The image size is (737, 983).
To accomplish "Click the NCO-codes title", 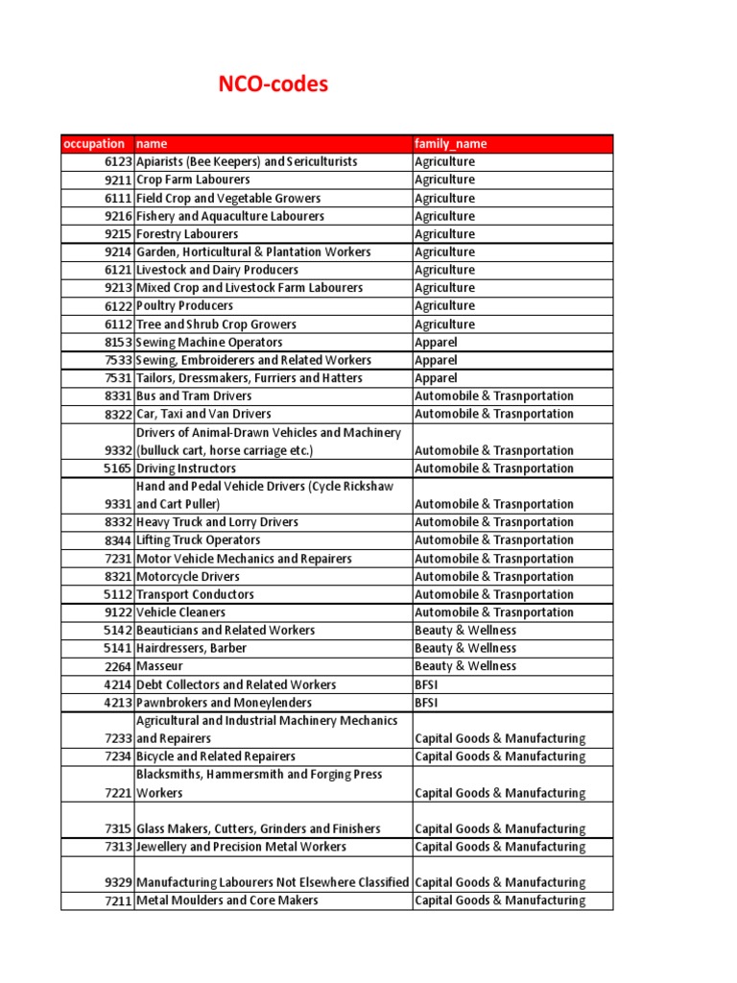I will pyautogui.click(x=274, y=84).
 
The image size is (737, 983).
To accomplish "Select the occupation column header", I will pyautogui.click(x=94, y=144).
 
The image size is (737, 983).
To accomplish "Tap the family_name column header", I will pyautogui.click(x=451, y=144).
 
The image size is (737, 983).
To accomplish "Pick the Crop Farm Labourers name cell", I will pyautogui.click(x=193, y=180).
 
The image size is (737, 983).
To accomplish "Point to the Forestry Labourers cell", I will pyautogui.click(x=187, y=234).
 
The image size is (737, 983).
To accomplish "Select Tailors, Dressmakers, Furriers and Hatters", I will pyautogui.click(x=250, y=378).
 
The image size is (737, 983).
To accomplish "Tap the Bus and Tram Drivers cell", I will pyautogui.click(x=194, y=396).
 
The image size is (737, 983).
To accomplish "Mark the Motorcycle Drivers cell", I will pyautogui.click(x=188, y=577).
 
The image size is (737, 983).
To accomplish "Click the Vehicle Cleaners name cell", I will pyautogui.click(x=181, y=612).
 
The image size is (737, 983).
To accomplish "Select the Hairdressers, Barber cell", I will pyautogui.click(x=192, y=648).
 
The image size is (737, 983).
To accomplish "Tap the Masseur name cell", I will pyautogui.click(x=159, y=666).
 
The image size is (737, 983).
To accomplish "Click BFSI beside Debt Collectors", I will pyautogui.click(x=428, y=684).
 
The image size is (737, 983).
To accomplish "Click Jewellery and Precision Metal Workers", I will pyautogui.click(x=242, y=847).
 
